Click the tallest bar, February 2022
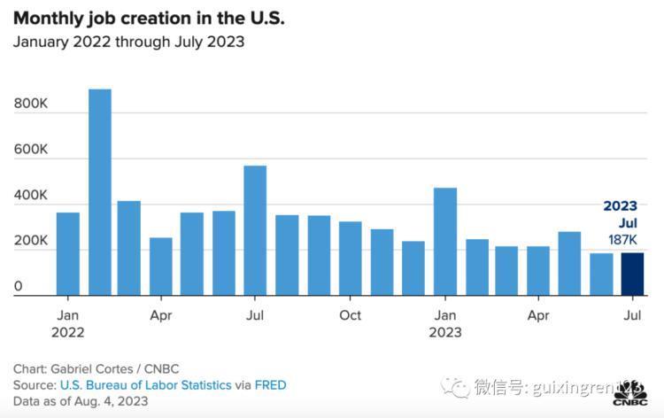tap(100, 192)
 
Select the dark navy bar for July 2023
tap(632, 274)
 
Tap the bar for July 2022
tap(255, 230)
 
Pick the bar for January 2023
tap(445, 242)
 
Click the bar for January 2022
tap(68, 253)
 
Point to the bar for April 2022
tap(161, 267)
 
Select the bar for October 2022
tap(351, 259)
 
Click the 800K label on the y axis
tap(30, 104)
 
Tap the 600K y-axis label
tap(30, 149)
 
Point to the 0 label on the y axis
tap(18, 286)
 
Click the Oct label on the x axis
tap(351, 315)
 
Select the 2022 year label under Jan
tap(68, 332)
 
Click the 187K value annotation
tap(622, 240)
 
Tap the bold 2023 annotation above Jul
tap(620, 205)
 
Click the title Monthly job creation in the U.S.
tap(149, 19)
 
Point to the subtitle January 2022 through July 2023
tap(128, 42)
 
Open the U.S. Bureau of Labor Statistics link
tap(146, 385)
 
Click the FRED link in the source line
tap(271, 385)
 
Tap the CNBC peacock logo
tap(630, 393)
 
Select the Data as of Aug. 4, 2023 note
tap(81, 401)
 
